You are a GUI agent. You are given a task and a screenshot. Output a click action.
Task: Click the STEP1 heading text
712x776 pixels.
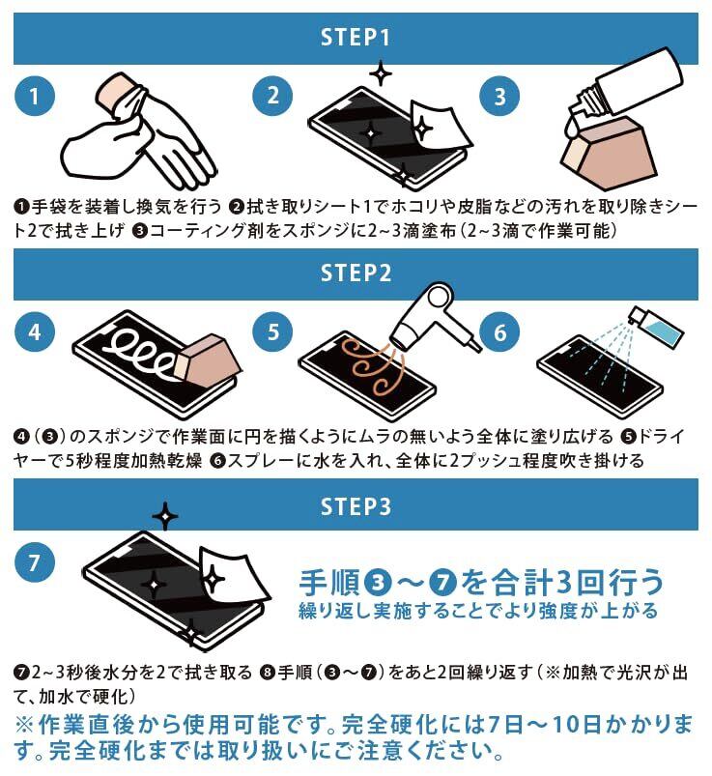(356, 38)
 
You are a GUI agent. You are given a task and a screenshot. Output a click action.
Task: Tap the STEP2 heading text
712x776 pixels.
(356, 273)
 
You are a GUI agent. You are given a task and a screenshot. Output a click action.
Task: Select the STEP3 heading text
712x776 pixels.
(356, 506)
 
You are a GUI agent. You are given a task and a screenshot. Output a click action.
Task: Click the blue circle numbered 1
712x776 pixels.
(34, 96)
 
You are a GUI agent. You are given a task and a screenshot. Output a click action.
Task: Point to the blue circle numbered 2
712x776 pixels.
(272, 96)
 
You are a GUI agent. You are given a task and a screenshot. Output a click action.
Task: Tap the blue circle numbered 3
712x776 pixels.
(499, 97)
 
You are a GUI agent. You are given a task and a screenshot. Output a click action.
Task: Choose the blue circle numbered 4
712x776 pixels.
(34, 331)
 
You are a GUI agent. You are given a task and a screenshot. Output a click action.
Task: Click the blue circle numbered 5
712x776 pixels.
(272, 331)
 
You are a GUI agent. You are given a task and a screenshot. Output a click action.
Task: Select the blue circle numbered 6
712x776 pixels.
(499, 332)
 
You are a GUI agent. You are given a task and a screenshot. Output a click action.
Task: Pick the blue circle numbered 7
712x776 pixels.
(34, 562)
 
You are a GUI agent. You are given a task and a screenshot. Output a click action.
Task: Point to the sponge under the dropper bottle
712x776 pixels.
(610, 155)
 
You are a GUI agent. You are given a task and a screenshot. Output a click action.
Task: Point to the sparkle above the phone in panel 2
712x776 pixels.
(382, 74)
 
